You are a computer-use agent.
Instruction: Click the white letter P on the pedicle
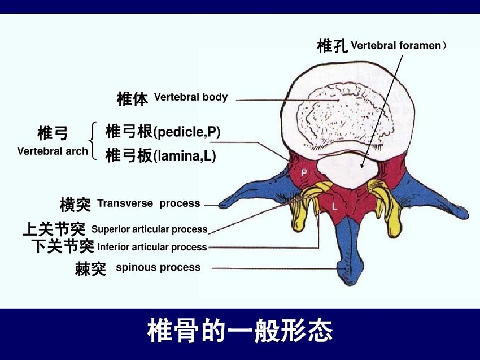pyautogui.click(x=304, y=173)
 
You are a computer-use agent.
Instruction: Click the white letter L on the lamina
pyautogui.click(x=335, y=206)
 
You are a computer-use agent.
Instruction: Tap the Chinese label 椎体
pyautogui.click(x=132, y=98)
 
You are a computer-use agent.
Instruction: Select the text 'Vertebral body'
pyautogui.click(x=191, y=97)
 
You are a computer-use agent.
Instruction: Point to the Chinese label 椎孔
pyautogui.click(x=333, y=46)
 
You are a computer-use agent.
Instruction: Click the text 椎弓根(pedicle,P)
pyautogui.click(x=163, y=132)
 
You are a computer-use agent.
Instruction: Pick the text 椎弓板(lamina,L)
pyautogui.click(x=161, y=155)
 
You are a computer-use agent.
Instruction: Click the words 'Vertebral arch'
pyautogui.click(x=53, y=151)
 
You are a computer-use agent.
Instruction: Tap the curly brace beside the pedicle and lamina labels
pyautogui.click(x=93, y=141)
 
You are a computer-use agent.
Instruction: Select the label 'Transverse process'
pyautogui.click(x=149, y=203)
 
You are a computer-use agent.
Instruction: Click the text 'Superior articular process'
pyautogui.click(x=150, y=229)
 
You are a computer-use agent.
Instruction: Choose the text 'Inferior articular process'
pyautogui.click(x=152, y=247)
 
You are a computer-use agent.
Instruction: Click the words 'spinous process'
pyautogui.click(x=158, y=267)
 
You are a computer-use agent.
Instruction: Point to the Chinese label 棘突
pyautogui.click(x=90, y=269)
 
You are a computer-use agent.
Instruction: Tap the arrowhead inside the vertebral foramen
pyautogui.click(x=362, y=166)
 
